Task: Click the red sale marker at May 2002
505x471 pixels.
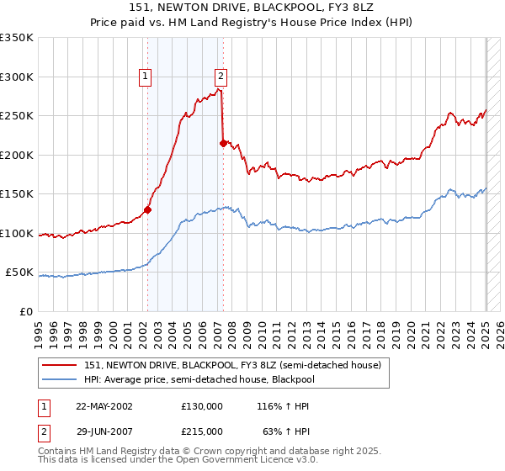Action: [x=147, y=210]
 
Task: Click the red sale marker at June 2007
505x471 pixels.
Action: [x=223, y=144]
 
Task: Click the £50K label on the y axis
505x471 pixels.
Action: [x=20, y=273]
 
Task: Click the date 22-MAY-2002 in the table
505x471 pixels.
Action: [x=104, y=406]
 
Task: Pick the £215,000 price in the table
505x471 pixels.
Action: [x=202, y=431]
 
